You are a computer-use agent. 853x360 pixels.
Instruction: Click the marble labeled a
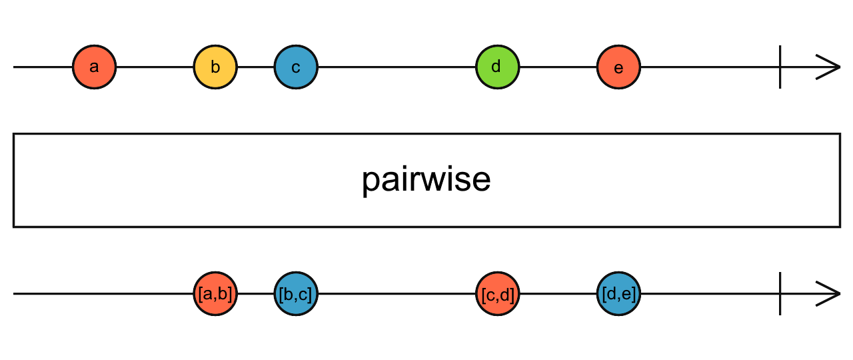[x=94, y=67]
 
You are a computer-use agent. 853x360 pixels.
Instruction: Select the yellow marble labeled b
[x=215, y=67]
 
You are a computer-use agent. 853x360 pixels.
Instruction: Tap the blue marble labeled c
[x=296, y=67]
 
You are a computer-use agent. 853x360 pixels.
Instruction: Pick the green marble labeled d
[x=497, y=67]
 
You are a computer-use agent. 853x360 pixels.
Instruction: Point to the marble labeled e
[x=618, y=67]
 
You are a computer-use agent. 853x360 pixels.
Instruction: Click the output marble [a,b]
[x=215, y=294]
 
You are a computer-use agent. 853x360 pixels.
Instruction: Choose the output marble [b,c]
[x=296, y=294]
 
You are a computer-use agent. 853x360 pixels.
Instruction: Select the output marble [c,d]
[x=497, y=294]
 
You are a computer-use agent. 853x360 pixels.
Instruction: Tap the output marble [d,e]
[x=618, y=294]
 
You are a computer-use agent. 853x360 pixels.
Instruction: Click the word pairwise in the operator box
[x=426, y=180]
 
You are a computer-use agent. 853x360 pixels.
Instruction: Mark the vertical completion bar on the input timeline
[x=780, y=67]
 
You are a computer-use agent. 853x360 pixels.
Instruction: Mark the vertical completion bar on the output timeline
[x=780, y=294]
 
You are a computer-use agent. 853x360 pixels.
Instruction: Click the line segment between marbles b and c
[x=255, y=67]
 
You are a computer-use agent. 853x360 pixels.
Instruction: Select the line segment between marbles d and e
[x=558, y=67]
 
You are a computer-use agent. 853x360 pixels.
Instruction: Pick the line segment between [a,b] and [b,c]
[x=255, y=294]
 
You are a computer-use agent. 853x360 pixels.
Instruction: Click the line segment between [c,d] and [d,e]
[x=558, y=294]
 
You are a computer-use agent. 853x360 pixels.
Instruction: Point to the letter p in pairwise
[x=371, y=183]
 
